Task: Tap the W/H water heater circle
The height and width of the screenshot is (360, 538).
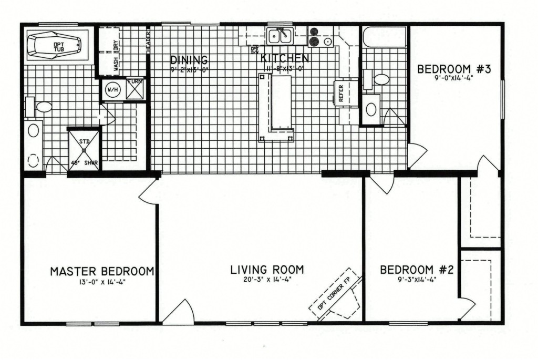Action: point(112,89)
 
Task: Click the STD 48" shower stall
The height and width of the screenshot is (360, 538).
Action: point(84,149)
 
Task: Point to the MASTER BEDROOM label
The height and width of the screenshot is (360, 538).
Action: point(102,271)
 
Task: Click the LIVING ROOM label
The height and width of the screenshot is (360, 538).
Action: point(267,270)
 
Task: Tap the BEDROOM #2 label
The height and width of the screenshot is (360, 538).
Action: point(417,270)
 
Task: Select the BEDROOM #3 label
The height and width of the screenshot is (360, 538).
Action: point(453,69)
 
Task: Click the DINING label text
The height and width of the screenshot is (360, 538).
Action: point(189,59)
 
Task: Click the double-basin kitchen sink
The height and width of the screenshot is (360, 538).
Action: point(279,36)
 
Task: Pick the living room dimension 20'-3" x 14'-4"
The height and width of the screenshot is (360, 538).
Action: point(267,280)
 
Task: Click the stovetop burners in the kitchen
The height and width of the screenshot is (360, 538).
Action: point(319,36)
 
